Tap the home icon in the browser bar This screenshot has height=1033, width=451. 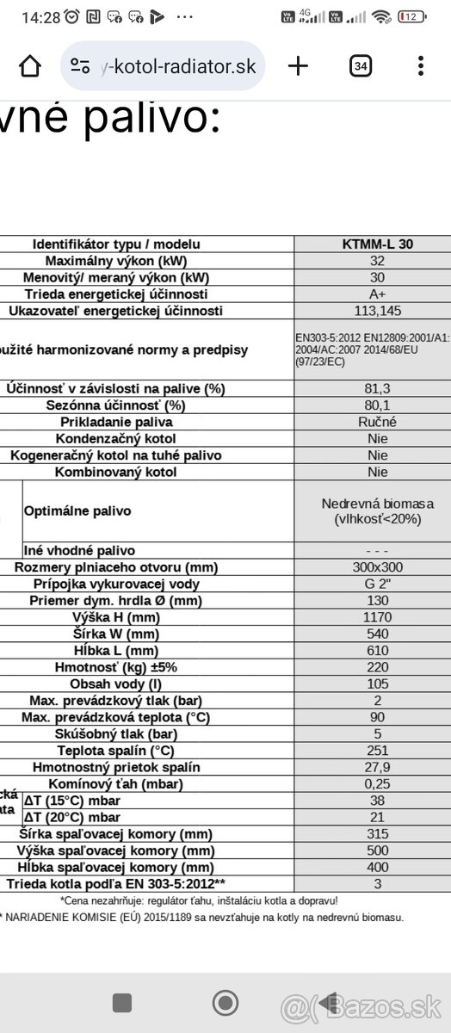click(x=30, y=66)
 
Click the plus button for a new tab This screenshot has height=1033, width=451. click(x=298, y=66)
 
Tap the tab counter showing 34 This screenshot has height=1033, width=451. click(x=361, y=66)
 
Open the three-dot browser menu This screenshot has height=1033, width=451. click(x=420, y=66)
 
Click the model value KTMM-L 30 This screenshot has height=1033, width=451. click(x=377, y=244)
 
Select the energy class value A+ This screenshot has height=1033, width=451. click(x=377, y=294)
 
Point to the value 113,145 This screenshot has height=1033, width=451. click(x=377, y=311)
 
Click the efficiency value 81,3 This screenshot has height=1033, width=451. click(x=377, y=388)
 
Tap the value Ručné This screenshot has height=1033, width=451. click(x=377, y=422)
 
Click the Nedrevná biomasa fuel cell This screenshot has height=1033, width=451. click(x=377, y=510)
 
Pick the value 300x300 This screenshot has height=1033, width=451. click(x=377, y=567)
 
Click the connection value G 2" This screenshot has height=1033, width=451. click(x=377, y=584)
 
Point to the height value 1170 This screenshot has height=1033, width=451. click(x=377, y=617)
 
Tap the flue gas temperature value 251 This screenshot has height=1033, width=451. click(x=377, y=750)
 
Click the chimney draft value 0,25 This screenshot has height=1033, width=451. click(x=377, y=783)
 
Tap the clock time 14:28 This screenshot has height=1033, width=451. click(x=40, y=16)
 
